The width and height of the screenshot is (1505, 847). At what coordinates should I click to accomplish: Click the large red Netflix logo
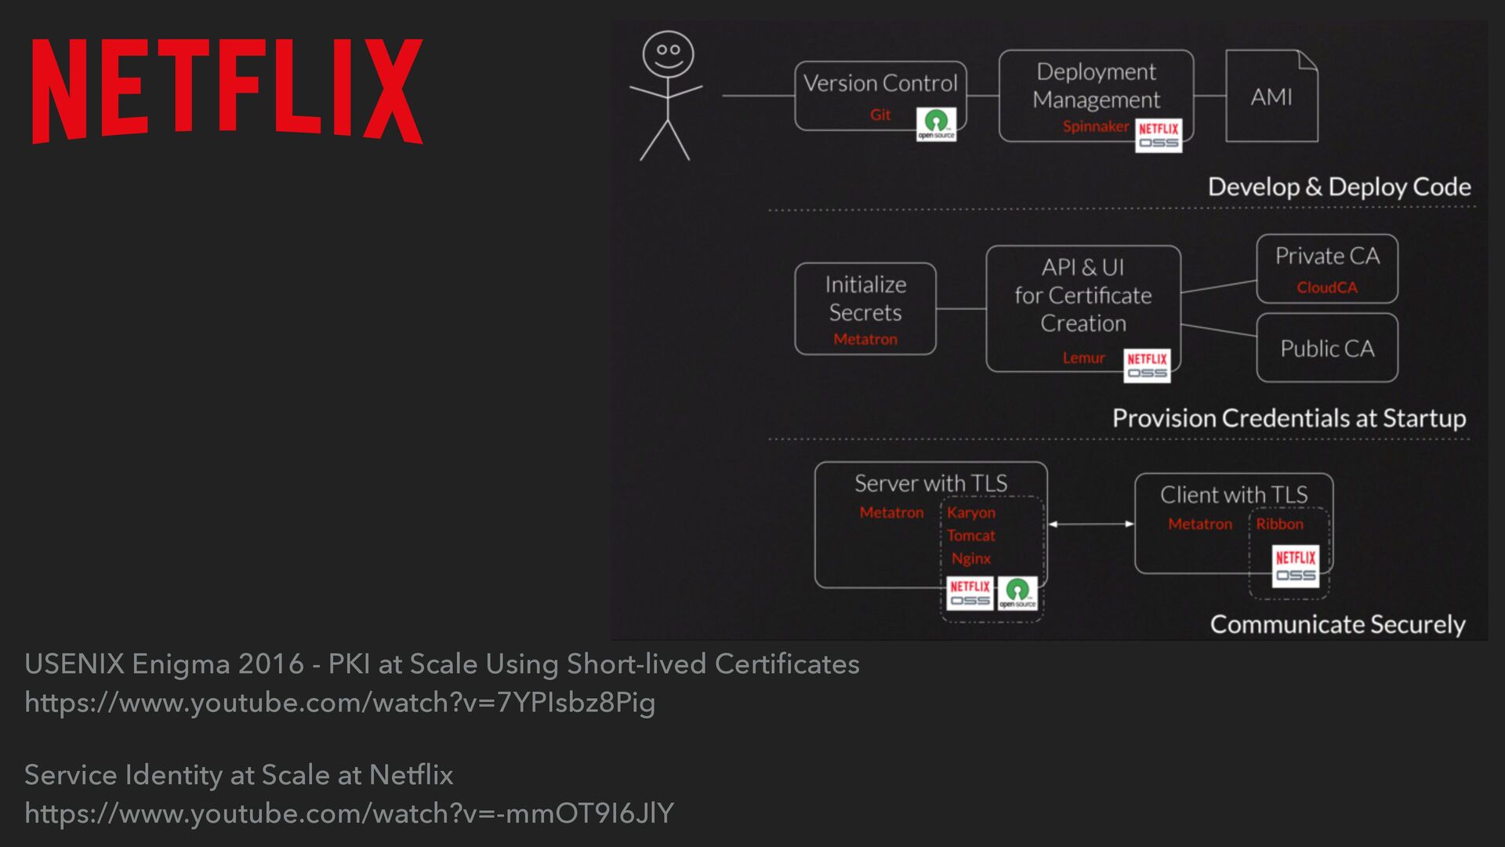[x=227, y=91]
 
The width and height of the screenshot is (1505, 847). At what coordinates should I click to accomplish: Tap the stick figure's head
[x=667, y=53]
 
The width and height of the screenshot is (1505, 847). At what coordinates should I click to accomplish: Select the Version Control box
[x=880, y=95]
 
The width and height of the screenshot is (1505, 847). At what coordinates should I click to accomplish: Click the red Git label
[x=880, y=115]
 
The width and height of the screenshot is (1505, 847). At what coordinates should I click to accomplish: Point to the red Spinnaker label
[x=1095, y=126]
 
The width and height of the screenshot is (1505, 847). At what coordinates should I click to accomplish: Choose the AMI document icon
[x=1271, y=96]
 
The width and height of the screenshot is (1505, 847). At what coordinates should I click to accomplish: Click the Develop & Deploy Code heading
[x=1339, y=187]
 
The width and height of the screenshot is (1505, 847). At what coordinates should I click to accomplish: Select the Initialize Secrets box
[x=865, y=308]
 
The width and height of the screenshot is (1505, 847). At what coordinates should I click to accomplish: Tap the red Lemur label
[x=1083, y=358]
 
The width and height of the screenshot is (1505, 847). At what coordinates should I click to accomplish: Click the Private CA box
[x=1327, y=268]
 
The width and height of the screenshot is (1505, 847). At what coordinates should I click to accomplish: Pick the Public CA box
[x=1327, y=348]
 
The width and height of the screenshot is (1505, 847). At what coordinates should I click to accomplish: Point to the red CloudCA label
[x=1327, y=288]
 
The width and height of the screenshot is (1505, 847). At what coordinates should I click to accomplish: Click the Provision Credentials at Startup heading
[x=1289, y=418]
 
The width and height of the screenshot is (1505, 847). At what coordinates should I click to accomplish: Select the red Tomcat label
[x=970, y=536]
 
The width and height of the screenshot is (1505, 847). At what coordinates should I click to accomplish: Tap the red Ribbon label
[x=1279, y=524]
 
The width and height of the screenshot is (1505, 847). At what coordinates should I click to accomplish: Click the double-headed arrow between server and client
[x=1091, y=524]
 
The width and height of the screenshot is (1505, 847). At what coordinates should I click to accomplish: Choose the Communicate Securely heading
[x=1337, y=624]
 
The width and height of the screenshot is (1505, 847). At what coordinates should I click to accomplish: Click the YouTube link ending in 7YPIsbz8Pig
[x=339, y=703]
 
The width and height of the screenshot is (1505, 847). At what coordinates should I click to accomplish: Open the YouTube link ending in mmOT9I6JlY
[x=349, y=813]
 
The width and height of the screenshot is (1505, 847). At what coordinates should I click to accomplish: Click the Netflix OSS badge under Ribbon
[x=1295, y=566]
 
